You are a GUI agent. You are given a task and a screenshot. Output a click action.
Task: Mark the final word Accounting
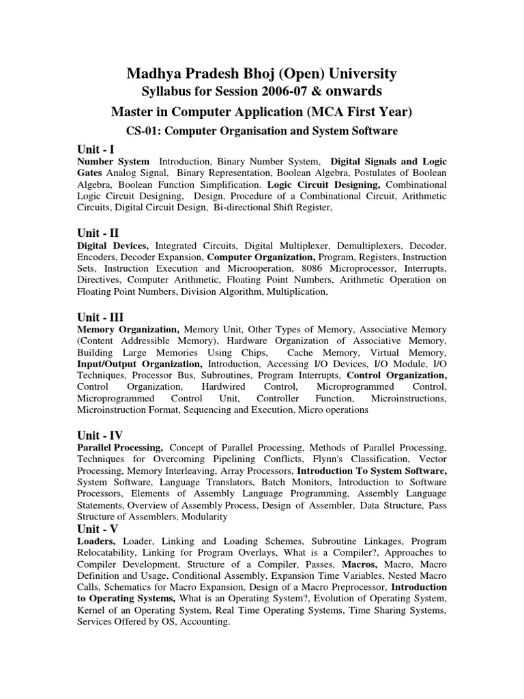[204, 623]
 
